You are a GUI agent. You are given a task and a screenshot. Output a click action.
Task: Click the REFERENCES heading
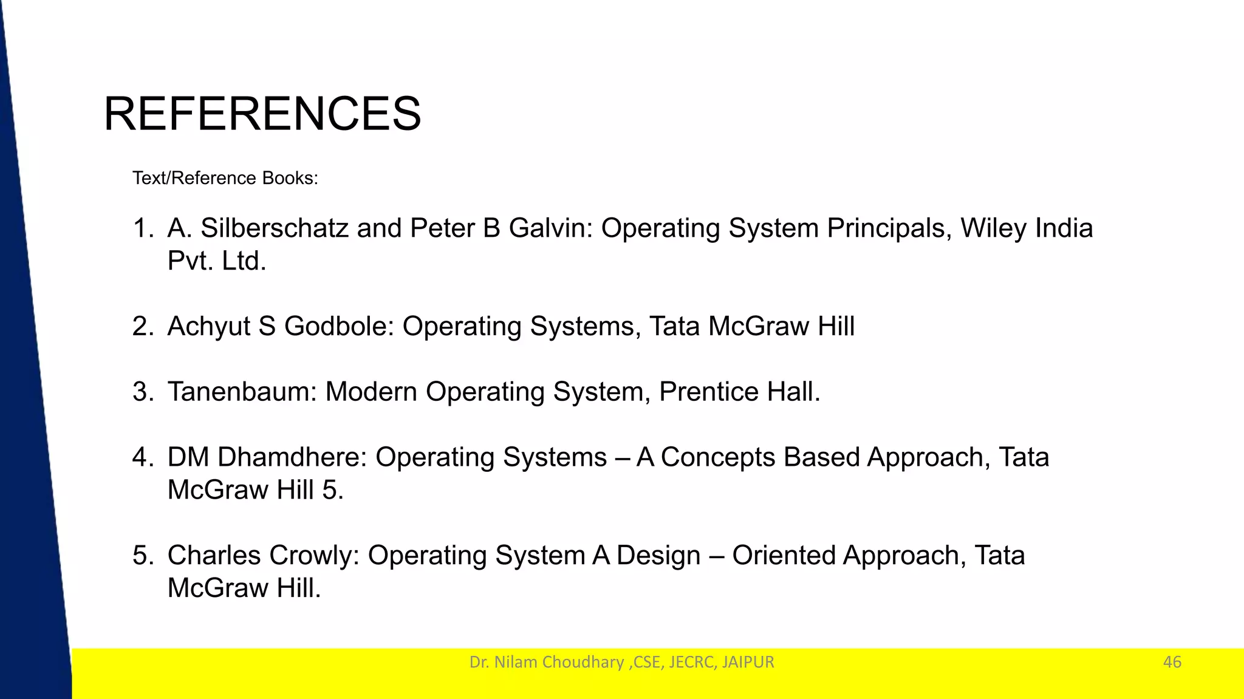262,114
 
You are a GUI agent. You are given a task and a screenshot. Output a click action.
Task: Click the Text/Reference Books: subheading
225,178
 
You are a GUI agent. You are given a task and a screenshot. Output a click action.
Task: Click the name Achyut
208,327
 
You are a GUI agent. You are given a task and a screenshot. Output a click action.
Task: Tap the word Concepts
718,457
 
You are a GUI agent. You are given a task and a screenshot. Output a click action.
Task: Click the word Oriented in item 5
783,556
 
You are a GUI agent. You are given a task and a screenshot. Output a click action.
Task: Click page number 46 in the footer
1172,662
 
